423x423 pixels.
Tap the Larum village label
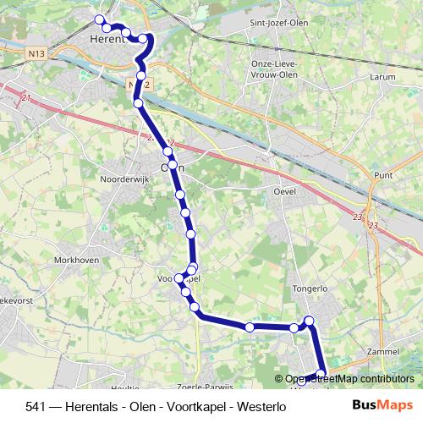(383, 76)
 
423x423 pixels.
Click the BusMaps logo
(383, 405)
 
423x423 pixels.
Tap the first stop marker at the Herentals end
(99, 19)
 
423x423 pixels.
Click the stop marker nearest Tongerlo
(310, 320)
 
